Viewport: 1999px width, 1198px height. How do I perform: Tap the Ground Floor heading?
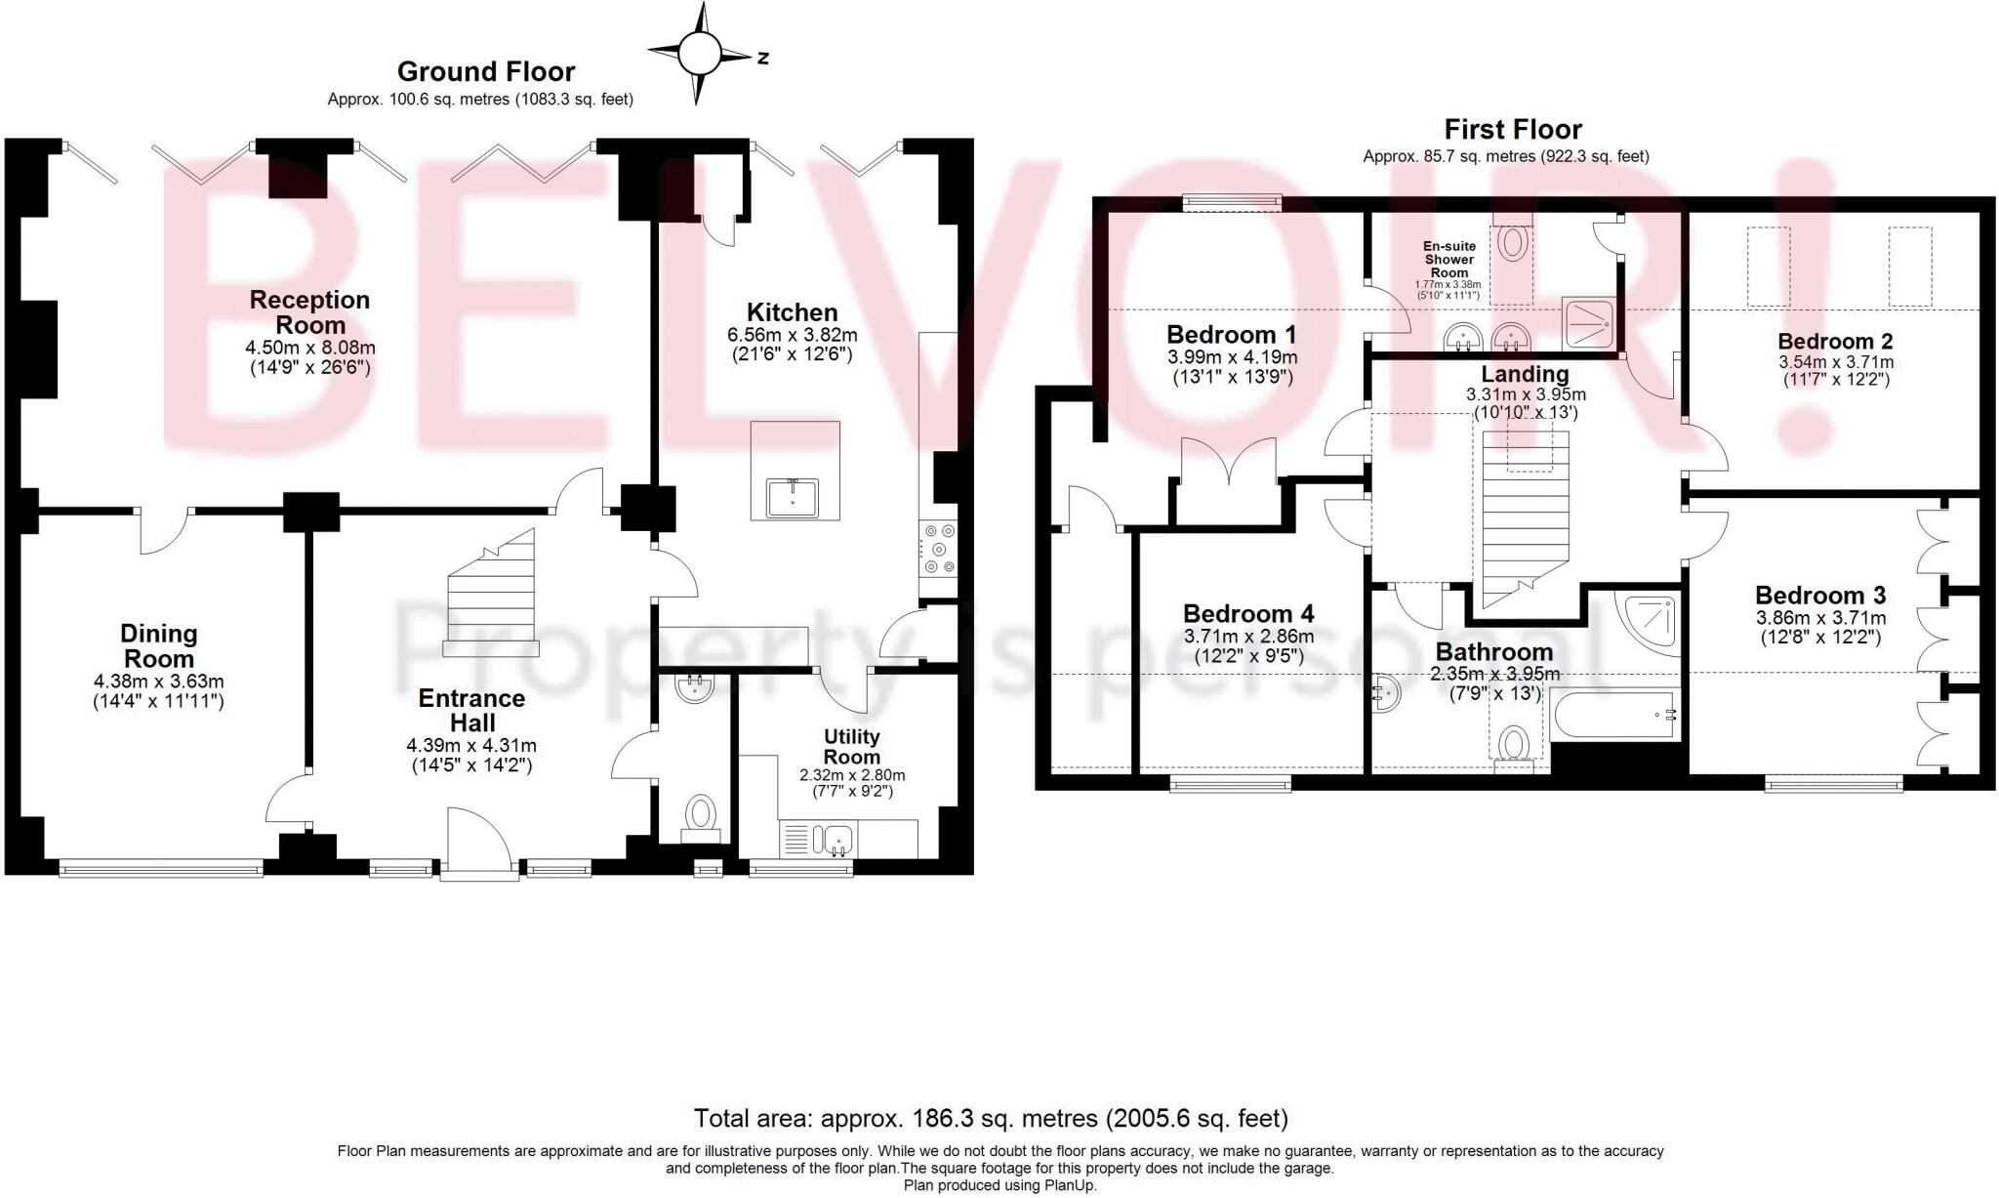[x=486, y=71]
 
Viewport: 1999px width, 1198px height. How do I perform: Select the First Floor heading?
[x=1513, y=129]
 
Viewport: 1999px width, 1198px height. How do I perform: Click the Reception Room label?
[x=309, y=312]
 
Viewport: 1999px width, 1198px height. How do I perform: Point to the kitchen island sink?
[x=793, y=497]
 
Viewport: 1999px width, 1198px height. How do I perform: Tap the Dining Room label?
[x=159, y=645]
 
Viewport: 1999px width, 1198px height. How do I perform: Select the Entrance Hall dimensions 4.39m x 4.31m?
[x=471, y=745]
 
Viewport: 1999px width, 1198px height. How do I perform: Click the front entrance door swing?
[x=479, y=844]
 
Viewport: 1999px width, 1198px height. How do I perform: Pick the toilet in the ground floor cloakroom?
[x=700, y=815]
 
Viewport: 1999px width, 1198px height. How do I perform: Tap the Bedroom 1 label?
[x=1232, y=334]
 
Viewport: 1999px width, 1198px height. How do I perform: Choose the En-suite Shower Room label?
[x=1448, y=260]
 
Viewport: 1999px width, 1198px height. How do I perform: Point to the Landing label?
[x=1525, y=374]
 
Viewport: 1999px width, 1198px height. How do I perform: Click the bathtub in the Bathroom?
[x=1611, y=716]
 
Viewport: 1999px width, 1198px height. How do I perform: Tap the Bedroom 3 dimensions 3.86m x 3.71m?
[x=1820, y=618]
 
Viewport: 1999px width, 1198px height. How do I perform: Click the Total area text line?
[x=991, y=1118]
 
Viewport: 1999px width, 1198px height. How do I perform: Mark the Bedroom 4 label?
[x=1248, y=613]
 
